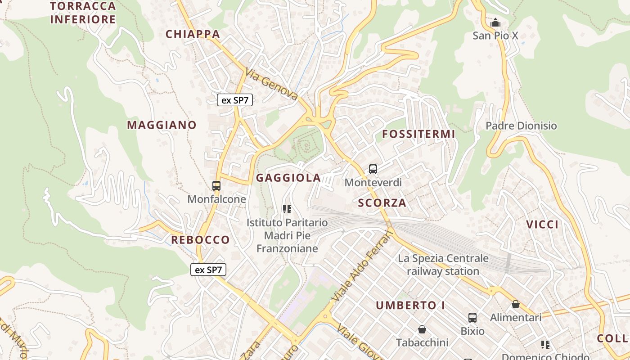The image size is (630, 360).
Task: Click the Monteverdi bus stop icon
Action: (x=373, y=169)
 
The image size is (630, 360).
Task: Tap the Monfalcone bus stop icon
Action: (x=216, y=185)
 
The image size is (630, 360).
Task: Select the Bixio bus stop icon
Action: (x=472, y=318)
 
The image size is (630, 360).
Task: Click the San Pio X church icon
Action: (x=495, y=22)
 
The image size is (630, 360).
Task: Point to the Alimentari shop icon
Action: (x=516, y=305)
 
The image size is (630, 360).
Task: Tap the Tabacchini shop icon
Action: (x=422, y=330)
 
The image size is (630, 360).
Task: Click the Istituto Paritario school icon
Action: (x=287, y=209)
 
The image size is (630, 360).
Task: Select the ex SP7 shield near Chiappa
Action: (x=235, y=100)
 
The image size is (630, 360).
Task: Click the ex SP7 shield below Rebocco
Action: (x=208, y=270)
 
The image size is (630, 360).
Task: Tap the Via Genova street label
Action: (x=272, y=84)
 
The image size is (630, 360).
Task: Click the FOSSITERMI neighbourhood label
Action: (x=418, y=134)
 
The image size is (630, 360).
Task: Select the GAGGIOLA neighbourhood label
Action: (x=288, y=178)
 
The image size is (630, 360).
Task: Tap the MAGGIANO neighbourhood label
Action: (x=162, y=125)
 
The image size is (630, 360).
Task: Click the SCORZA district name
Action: (x=382, y=203)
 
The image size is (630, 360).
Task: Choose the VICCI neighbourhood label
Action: (x=542, y=225)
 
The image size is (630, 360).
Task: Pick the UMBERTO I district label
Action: (x=410, y=306)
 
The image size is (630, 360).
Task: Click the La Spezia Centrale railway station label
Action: (x=443, y=265)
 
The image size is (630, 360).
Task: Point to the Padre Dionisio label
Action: (x=521, y=126)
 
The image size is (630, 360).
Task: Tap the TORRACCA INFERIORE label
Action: (x=83, y=13)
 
